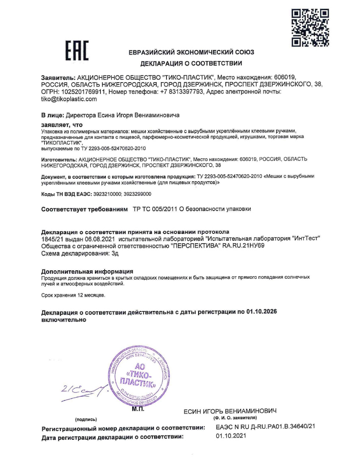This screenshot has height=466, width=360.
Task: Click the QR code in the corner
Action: [x=311, y=28]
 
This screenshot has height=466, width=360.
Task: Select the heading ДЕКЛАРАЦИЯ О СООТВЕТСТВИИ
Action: [x=191, y=64]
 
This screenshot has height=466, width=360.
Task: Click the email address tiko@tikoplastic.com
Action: [x=69, y=99]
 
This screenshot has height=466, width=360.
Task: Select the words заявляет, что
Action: [x=62, y=125]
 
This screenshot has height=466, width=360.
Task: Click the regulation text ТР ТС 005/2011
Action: [x=158, y=210]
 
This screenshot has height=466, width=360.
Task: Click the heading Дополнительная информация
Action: [x=87, y=271]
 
